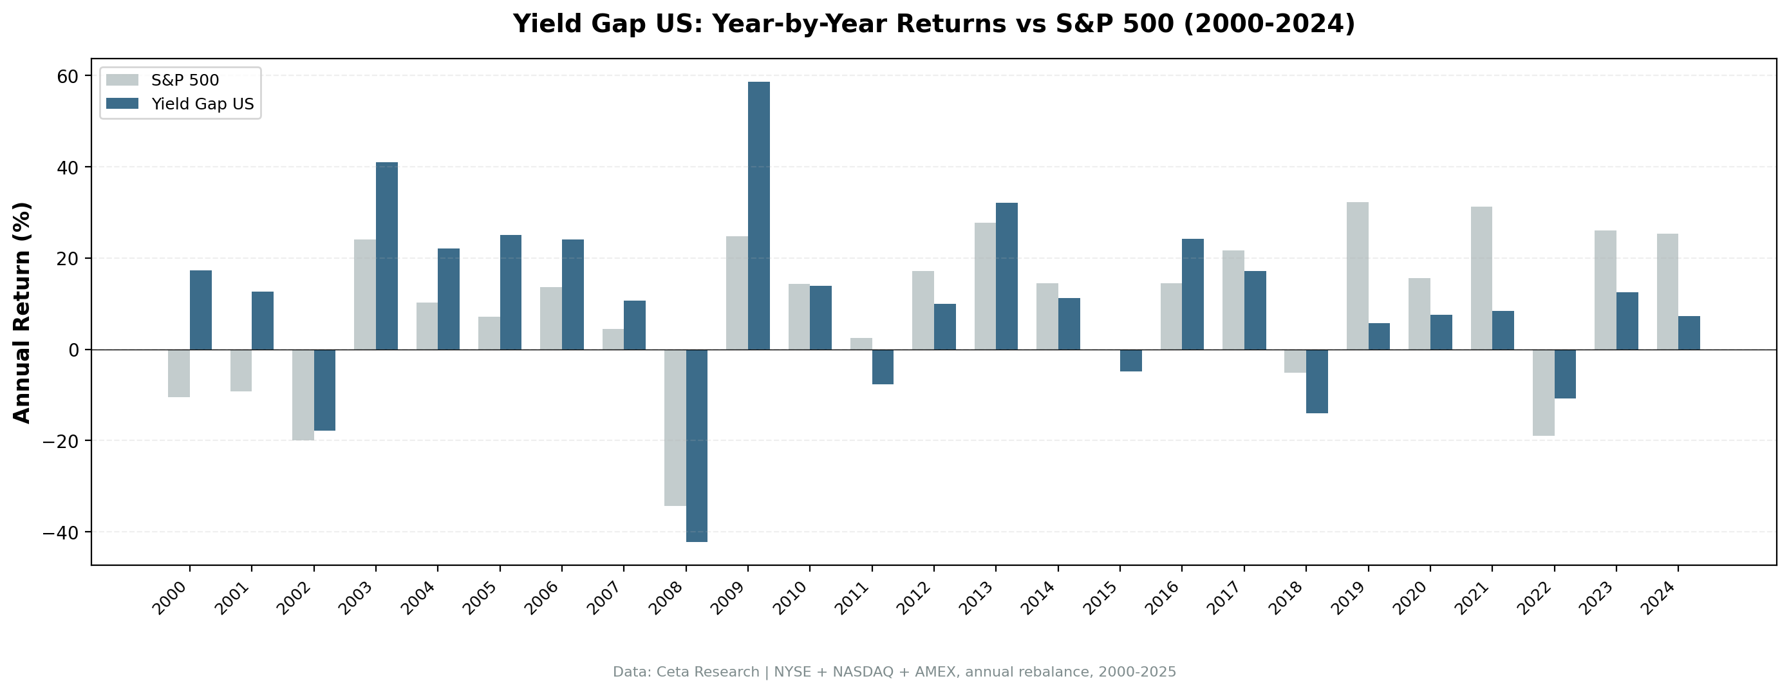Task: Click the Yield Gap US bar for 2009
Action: [x=758, y=216]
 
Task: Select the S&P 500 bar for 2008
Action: [x=675, y=427]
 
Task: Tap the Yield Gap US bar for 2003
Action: [x=387, y=256]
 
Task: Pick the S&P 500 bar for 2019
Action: [x=1357, y=276]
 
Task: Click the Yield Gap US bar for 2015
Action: [x=1130, y=360]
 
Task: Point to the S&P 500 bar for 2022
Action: [x=1543, y=393]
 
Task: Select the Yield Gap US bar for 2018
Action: [x=1316, y=382]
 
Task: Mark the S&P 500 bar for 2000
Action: [x=179, y=373]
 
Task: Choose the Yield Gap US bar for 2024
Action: [x=1689, y=333]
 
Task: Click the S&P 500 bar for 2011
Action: [x=861, y=344]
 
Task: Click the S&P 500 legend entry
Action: [x=185, y=80]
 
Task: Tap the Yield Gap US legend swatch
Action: [x=122, y=104]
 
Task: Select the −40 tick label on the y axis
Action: [x=61, y=533]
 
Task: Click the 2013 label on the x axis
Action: [x=979, y=598]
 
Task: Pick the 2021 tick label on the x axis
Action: [x=1474, y=598]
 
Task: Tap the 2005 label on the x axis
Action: [x=483, y=598]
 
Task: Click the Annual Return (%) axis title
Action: [x=23, y=312]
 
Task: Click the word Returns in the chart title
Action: [x=950, y=24]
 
